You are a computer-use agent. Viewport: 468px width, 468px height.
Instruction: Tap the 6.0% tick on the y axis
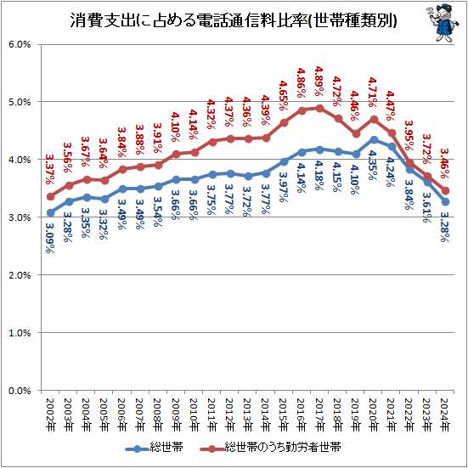[20, 44]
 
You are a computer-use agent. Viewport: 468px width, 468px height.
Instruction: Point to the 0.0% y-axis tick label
[20, 391]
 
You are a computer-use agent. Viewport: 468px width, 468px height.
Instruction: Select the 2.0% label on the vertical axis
[20, 275]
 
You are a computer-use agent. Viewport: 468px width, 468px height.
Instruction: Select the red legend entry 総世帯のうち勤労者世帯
[285, 446]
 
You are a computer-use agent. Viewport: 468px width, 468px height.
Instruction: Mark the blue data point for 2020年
[374, 139]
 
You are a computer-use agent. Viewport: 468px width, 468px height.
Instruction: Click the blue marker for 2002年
[52, 212]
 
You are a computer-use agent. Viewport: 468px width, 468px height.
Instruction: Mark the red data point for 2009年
[175, 154]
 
